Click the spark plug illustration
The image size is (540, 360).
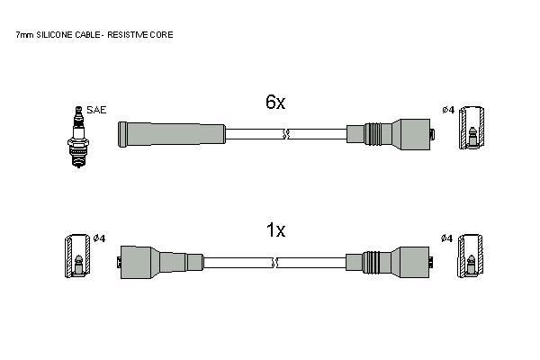tap(78, 137)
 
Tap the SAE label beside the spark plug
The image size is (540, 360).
tap(96, 110)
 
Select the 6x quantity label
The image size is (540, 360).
tap(275, 102)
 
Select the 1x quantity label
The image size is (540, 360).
tap(276, 229)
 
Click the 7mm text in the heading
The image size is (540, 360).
tap(25, 35)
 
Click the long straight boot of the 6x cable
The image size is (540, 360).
tap(172, 134)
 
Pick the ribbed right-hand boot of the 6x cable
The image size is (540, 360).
tap(391, 134)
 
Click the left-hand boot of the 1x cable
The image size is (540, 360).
tap(160, 263)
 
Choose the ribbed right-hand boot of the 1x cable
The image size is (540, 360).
tap(389, 263)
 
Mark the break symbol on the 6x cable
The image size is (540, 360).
tap(285, 134)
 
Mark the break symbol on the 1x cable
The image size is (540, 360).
tap(274, 263)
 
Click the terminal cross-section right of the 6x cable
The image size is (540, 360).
tap(472, 128)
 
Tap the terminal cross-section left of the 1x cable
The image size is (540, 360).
tap(77, 256)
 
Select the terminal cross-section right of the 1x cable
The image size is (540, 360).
tap(470, 256)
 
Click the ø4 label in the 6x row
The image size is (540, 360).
tap(448, 110)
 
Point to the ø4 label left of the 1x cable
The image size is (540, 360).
tap(99, 238)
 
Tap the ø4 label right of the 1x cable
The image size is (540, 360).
tap(447, 238)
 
